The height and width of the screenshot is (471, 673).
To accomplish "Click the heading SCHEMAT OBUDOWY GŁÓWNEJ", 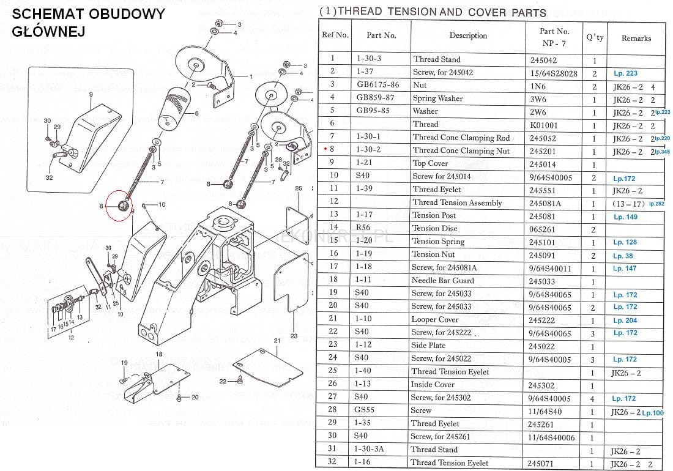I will (88, 22).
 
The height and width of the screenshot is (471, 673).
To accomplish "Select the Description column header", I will (468, 35).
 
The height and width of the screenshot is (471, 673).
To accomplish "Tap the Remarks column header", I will (636, 38).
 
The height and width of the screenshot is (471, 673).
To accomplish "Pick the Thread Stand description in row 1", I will (437, 59).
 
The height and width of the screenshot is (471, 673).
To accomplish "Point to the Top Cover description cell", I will (430, 163).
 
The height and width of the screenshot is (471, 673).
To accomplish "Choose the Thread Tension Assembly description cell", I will (457, 202).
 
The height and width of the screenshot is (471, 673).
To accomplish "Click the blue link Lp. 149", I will (625, 217).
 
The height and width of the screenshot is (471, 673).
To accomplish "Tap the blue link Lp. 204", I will (625, 321).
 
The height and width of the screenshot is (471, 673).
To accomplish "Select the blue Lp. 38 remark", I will (623, 256).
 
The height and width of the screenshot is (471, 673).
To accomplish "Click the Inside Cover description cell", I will (433, 384).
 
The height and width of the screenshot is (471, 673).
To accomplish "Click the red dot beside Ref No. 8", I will (324, 149).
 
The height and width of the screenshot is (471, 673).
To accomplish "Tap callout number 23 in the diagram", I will (294, 335).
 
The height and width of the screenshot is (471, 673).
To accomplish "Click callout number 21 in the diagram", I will (277, 340).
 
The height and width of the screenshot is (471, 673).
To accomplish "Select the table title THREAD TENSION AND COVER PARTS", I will (433, 12).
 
